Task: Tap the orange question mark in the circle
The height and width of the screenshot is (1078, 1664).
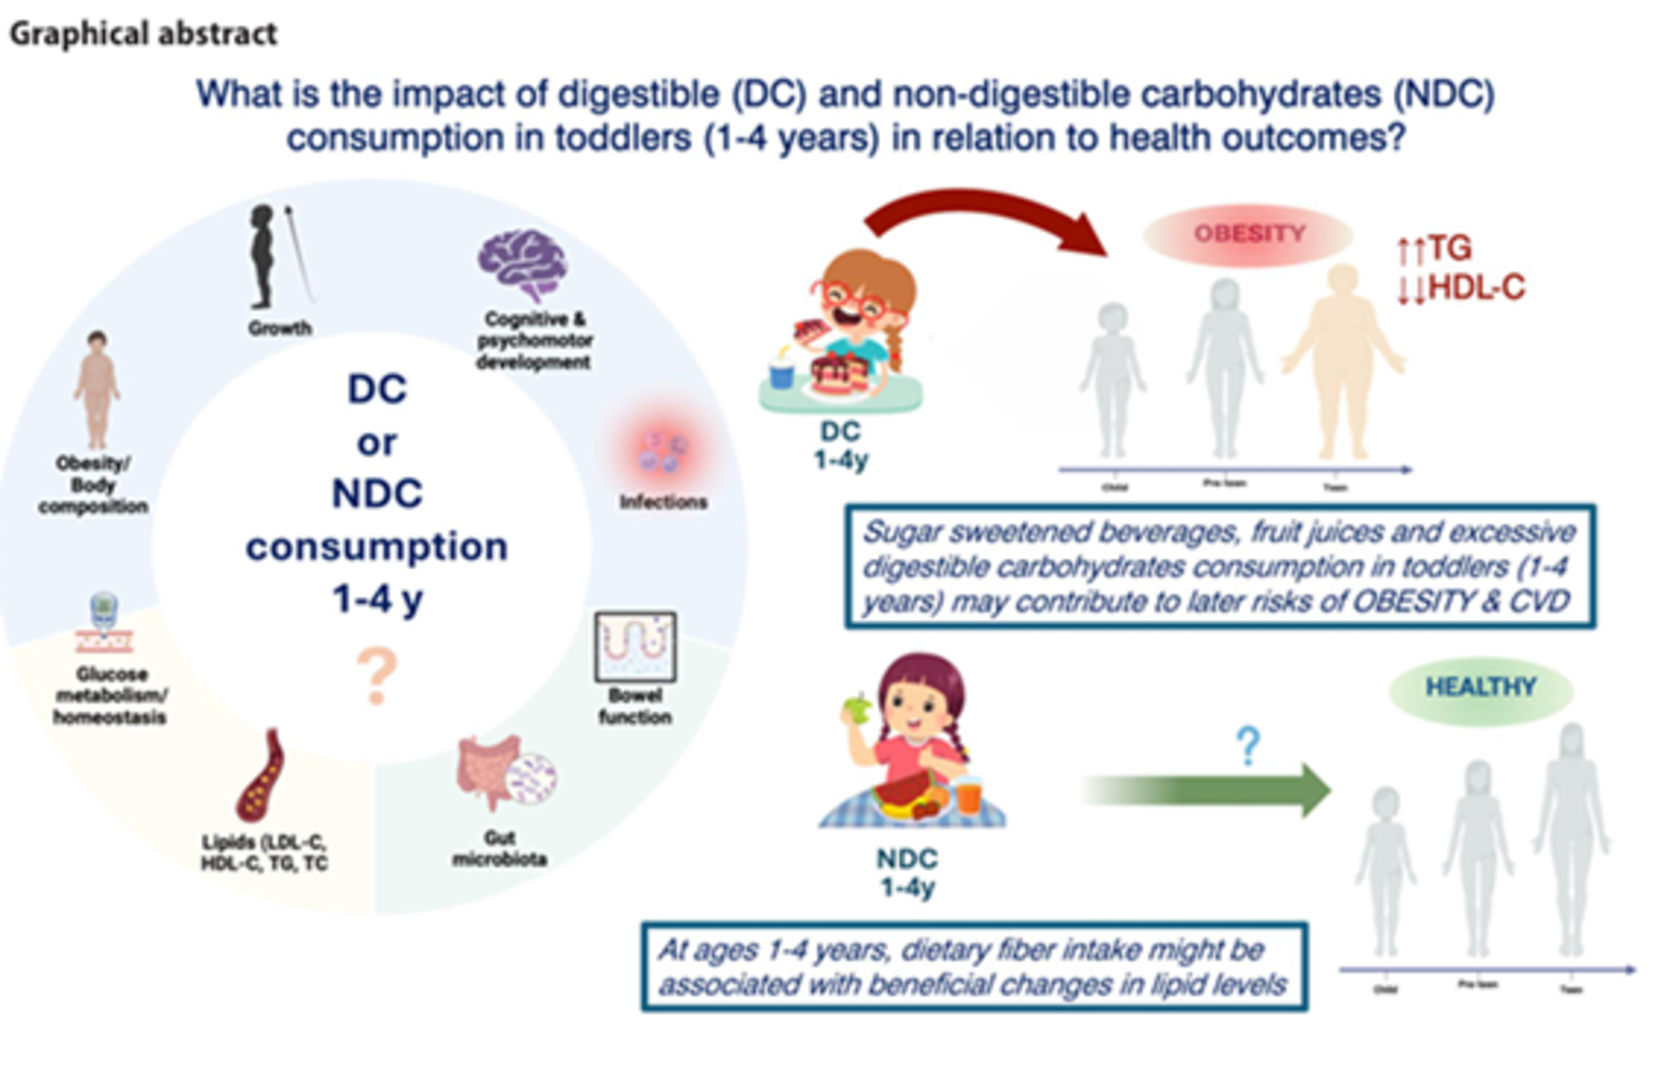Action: [x=377, y=675]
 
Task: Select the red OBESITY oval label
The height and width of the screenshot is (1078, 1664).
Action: [x=1249, y=234]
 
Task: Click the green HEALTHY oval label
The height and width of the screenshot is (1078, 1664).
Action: [x=1480, y=688]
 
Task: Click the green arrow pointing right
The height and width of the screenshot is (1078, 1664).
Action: [x=1209, y=790]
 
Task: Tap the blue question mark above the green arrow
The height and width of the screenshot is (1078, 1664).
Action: [x=1247, y=746]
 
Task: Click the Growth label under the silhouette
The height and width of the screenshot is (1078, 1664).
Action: [x=280, y=328]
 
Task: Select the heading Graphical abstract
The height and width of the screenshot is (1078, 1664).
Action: [x=144, y=34]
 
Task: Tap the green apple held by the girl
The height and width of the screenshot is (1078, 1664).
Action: [x=858, y=708]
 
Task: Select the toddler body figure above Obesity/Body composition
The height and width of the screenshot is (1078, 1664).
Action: [x=97, y=390]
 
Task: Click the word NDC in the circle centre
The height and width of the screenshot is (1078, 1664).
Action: [x=377, y=494]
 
